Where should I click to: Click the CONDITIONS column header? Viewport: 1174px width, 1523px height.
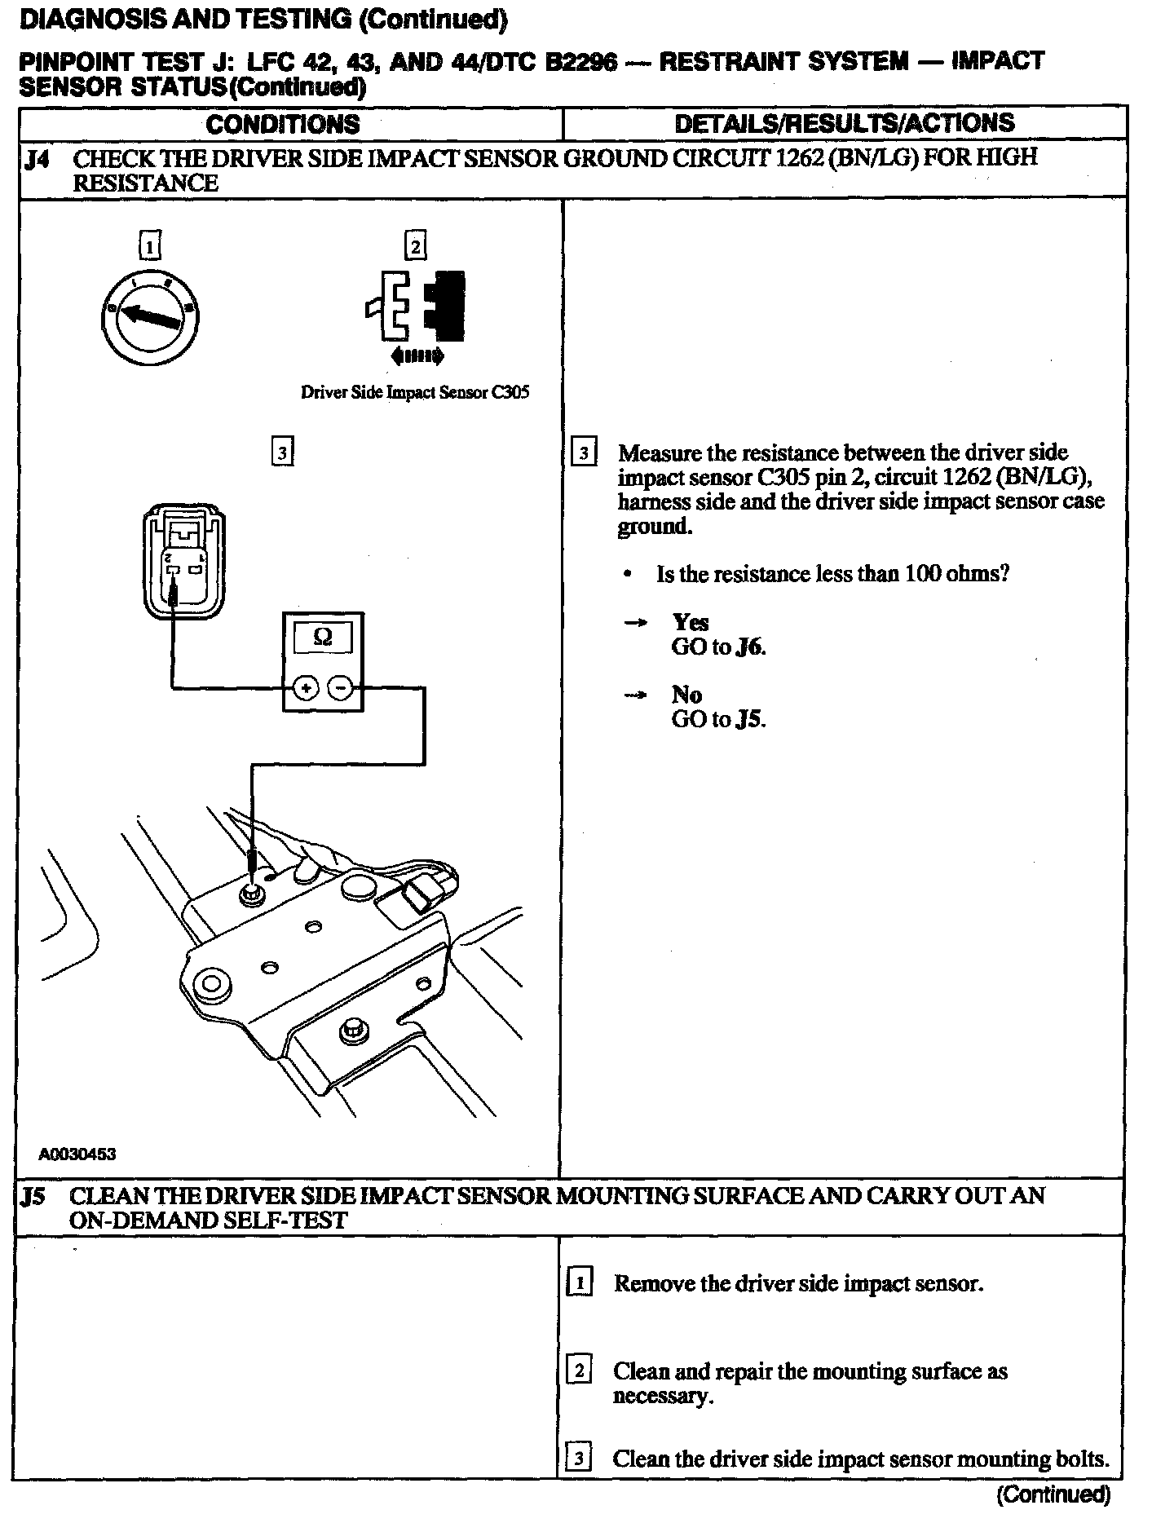[x=282, y=124]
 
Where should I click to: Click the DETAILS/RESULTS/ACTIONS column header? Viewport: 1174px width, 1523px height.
[x=845, y=123]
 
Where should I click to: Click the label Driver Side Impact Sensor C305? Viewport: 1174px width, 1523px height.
[x=415, y=392]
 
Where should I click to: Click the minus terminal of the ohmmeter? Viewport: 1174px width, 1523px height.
[x=341, y=689]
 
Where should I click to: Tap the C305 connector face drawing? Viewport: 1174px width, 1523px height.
[x=183, y=562]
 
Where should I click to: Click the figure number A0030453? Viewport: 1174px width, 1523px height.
[x=77, y=1154]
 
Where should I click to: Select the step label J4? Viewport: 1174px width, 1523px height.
[x=37, y=159]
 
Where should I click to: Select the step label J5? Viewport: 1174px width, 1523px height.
[x=34, y=1197]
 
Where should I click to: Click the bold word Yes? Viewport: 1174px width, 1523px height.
[x=690, y=623]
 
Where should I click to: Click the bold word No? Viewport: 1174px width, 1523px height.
[x=686, y=695]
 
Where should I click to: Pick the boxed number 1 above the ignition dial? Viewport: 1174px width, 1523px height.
[x=151, y=245]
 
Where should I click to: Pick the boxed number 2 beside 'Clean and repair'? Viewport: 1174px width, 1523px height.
[x=578, y=1371]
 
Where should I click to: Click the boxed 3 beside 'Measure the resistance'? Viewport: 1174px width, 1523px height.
[x=584, y=452]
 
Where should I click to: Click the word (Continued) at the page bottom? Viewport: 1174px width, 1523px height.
[x=1053, y=1494]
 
